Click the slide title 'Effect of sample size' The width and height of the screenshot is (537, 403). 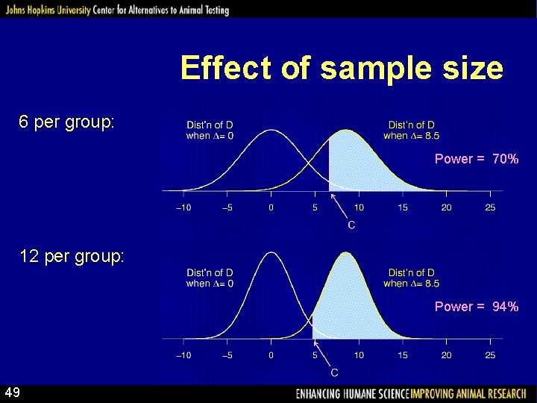pyautogui.click(x=342, y=69)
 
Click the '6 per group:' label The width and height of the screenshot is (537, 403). pyautogui.click(x=67, y=122)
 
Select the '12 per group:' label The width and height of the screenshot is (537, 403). pyautogui.click(x=72, y=257)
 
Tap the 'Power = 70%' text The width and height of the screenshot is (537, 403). pyautogui.click(x=476, y=159)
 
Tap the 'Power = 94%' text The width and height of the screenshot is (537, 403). pyautogui.click(x=476, y=307)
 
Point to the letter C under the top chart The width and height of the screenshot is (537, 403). pyautogui.click(x=351, y=225)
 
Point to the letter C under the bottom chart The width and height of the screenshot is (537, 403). pyautogui.click(x=334, y=372)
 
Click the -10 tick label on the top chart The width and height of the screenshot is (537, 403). pyautogui.click(x=183, y=207)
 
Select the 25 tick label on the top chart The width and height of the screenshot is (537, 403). pyautogui.click(x=490, y=207)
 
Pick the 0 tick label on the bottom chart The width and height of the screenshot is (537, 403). pyautogui.click(x=271, y=355)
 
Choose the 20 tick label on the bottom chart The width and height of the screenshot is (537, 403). pyautogui.click(x=446, y=355)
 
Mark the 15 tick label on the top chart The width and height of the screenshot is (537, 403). pyautogui.click(x=403, y=207)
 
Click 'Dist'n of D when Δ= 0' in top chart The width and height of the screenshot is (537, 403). pyautogui.click(x=210, y=131)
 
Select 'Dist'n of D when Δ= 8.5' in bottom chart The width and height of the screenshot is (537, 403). pyautogui.click(x=411, y=278)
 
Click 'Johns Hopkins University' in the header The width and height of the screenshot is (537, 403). pyautogui.click(x=45, y=10)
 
